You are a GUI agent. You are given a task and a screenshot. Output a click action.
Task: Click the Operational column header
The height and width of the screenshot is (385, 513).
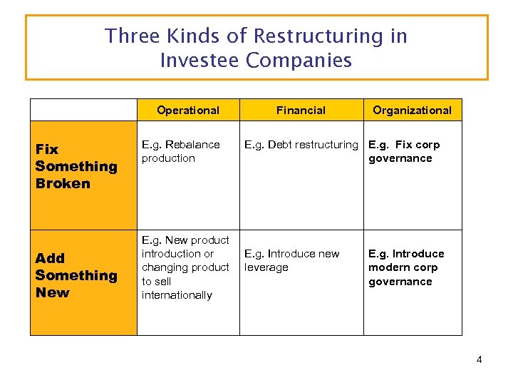[188, 110]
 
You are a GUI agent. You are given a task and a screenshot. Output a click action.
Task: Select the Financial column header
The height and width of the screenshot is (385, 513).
[301, 110]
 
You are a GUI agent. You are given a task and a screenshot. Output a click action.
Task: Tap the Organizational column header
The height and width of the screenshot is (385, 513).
[412, 110]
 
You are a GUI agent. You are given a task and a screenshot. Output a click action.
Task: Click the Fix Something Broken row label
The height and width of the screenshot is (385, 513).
[76, 166]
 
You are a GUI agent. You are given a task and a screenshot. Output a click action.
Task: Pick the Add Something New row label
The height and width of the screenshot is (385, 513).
[76, 275]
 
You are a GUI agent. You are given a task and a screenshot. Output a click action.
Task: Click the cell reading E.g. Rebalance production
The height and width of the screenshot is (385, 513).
[181, 151]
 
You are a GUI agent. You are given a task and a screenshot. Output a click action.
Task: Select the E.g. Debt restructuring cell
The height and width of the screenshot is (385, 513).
[301, 145]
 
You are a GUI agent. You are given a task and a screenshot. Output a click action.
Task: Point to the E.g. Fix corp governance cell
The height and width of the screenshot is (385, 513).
[404, 151]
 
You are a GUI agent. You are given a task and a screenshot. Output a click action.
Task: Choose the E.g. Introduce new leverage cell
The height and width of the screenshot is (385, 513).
[292, 260]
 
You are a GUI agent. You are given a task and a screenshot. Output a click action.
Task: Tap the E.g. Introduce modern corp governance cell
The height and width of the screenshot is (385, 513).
[405, 267]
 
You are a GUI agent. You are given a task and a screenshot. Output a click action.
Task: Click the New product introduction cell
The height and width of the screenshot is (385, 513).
[185, 267]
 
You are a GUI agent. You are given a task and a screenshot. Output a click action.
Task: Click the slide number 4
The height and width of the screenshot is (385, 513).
[479, 359]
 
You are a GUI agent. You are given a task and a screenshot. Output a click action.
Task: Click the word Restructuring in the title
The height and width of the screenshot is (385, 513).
[331, 36]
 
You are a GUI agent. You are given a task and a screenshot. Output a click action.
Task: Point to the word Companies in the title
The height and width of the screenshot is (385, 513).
[299, 61]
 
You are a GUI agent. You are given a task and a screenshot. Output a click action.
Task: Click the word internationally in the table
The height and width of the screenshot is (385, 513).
[177, 295]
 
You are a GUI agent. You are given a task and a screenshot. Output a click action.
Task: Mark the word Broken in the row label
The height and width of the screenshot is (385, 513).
[63, 183]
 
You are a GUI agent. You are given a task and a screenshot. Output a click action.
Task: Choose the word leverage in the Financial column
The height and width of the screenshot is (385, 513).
[266, 267]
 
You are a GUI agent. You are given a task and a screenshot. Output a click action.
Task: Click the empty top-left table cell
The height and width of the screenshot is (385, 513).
[83, 110]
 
